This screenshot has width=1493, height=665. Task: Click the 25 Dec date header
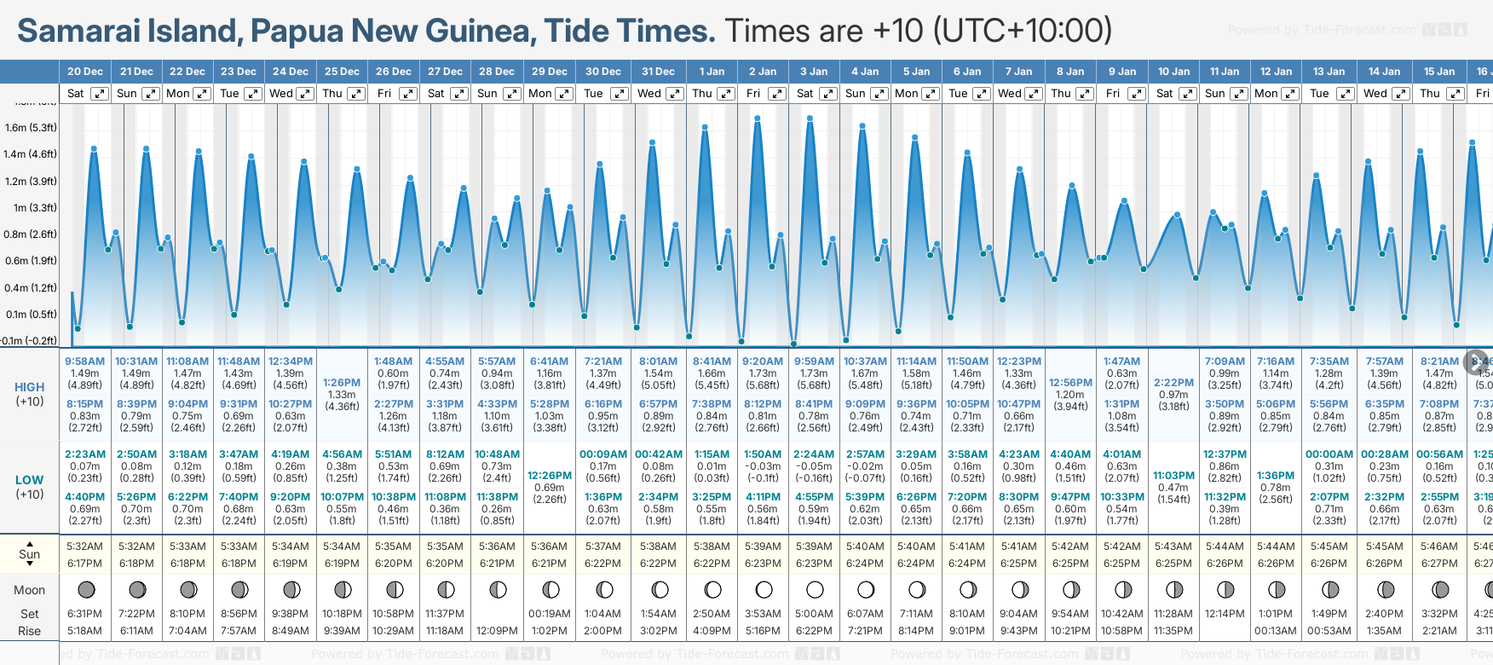click(x=342, y=72)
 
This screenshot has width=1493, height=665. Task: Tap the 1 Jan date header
click(x=712, y=72)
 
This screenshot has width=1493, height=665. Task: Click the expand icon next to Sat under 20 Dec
click(x=100, y=94)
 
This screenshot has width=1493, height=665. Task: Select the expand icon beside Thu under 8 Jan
click(x=1085, y=94)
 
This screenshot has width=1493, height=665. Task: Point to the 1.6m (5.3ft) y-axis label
click(x=31, y=128)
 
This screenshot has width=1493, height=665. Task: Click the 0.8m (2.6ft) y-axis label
click(x=31, y=234)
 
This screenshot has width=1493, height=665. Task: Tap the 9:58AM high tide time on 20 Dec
click(x=84, y=361)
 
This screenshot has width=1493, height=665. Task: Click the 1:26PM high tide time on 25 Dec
click(x=342, y=383)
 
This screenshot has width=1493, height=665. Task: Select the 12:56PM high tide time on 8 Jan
click(x=1070, y=383)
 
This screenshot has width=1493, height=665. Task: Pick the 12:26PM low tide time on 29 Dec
click(x=550, y=476)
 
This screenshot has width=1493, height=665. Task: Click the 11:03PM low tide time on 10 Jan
click(x=1173, y=476)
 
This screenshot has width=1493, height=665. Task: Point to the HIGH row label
click(x=29, y=387)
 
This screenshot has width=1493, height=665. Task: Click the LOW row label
click(x=29, y=480)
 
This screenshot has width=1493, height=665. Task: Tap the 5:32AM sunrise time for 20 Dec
click(x=84, y=546)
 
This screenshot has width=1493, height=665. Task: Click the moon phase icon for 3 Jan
click(x=815, y=589)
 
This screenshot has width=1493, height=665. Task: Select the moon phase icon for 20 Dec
click(x=85, y=589)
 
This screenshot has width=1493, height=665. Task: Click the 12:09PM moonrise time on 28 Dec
click(x=498, y=631)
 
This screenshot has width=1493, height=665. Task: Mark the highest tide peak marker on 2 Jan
click(x=758, y=118)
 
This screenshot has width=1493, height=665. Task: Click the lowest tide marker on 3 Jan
click(x=794, y=344)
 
